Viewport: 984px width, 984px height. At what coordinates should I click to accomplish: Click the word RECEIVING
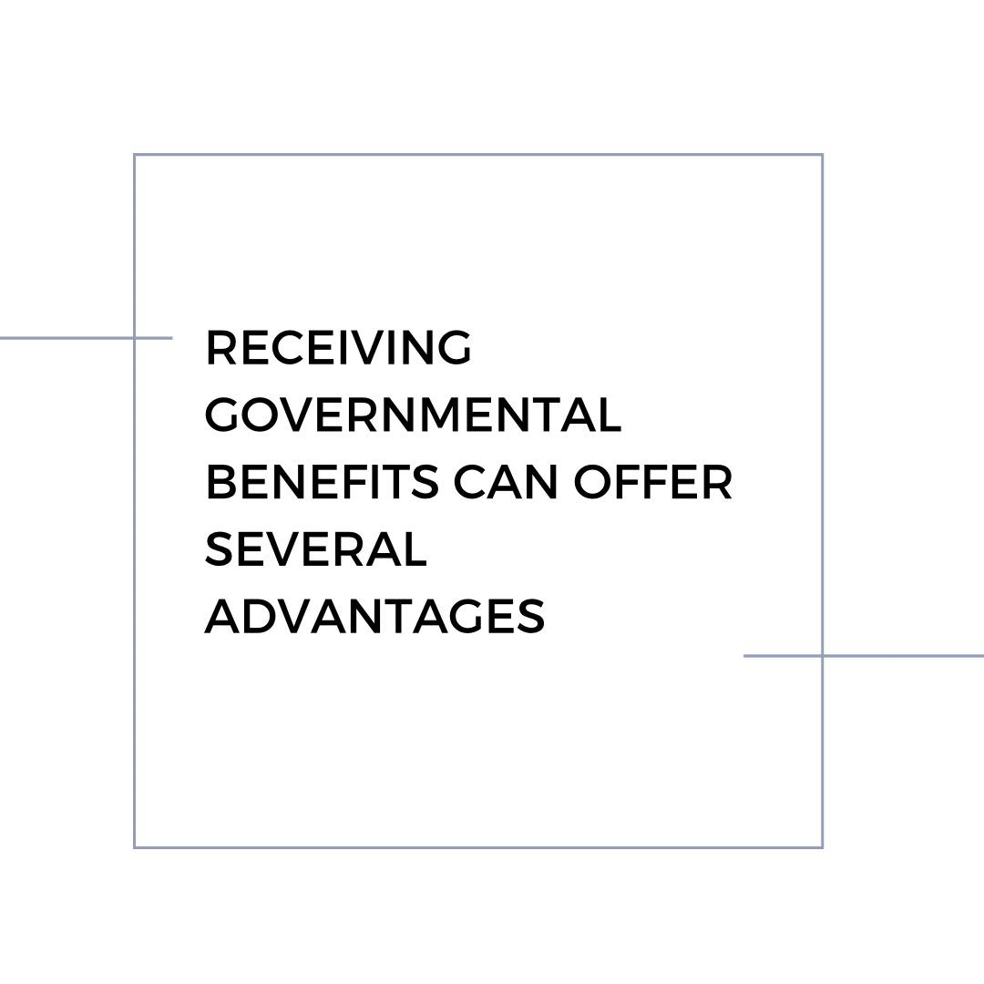coord(338,347)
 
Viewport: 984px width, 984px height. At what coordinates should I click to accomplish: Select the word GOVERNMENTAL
coord(413,415)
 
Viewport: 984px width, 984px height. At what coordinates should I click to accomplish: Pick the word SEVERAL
coord(316,549)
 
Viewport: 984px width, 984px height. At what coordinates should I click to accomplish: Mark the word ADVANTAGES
coord(374,616)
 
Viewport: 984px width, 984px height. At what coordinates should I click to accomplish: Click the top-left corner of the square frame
coord(134,154)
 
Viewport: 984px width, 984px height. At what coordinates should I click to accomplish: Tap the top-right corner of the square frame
coord(822,154)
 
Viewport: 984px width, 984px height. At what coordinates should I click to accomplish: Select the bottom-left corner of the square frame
coord(134,847)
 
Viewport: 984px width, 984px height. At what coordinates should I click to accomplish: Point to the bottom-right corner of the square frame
coord(822,847)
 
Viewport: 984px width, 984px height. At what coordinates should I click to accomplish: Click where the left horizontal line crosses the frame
coord(134,338)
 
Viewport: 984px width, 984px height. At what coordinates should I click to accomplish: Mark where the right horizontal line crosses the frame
coord(822,656)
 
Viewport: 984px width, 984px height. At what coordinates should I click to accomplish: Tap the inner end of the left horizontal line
coord(172,338)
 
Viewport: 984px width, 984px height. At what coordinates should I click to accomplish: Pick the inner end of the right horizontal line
coord(744,656)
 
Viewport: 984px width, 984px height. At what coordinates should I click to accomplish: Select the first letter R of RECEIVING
coord(220,347)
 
